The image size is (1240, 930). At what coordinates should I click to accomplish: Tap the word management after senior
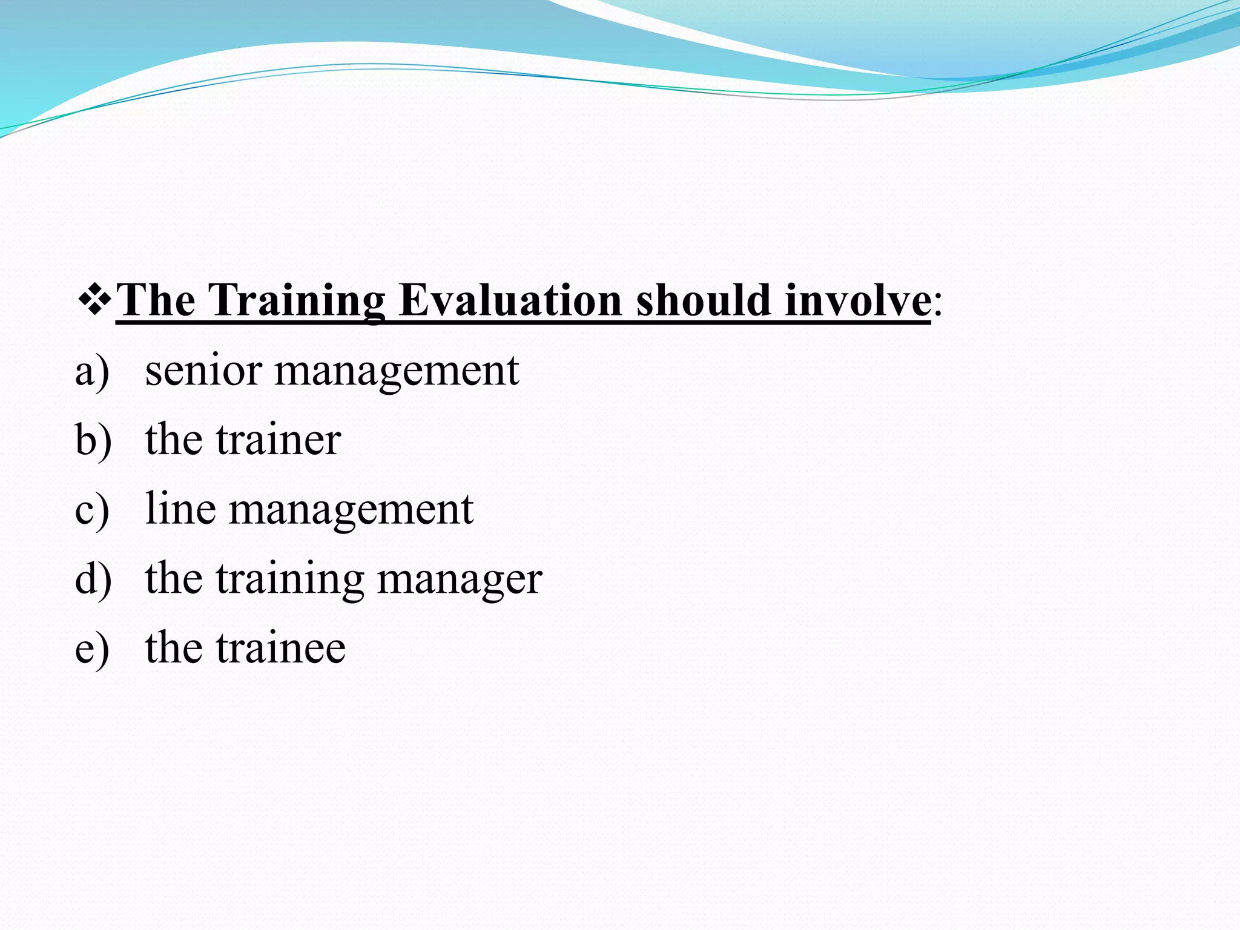[x=397, y=372]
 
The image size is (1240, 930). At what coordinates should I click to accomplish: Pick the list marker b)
[x=93, y=440]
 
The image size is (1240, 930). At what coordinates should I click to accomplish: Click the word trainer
[x=279, y=440]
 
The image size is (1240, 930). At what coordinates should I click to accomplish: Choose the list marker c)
[x=92, y=510]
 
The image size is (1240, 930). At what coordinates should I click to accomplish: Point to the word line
[x=180, y=509]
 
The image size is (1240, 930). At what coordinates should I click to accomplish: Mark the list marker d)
[x=93, y=579]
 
